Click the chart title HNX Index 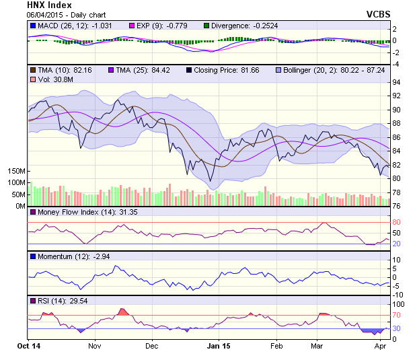point(49,5)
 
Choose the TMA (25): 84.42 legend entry point(139,69)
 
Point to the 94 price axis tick point(397,82)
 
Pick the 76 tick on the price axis point(397,206)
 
